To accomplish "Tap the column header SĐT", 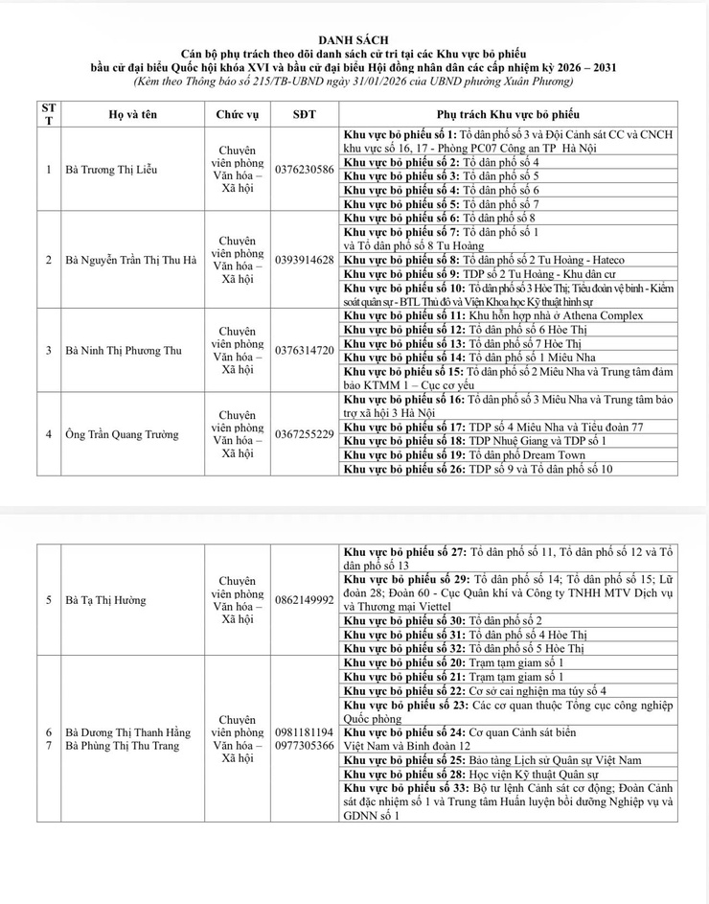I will pyautogui.click(x=303, y=114).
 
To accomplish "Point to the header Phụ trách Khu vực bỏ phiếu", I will pyautogui.click(x=508, y=114).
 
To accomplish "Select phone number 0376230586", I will pyautogui.click(x=304, y=170).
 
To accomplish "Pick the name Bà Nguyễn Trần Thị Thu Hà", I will pyautogui.click(x=130, y=260).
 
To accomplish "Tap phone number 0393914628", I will pyautogui.click(x=304, y=260).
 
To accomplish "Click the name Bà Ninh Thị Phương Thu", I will pyautogui.click(x=123, y=350).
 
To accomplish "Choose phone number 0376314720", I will pyautogui.click(x=304, y=350).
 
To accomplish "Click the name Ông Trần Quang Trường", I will pyautogui.click(x=122, y=434).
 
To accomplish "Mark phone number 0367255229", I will pyautogui.click(x=304, y=434).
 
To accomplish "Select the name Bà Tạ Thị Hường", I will pyautogui.click(x=106, y=600).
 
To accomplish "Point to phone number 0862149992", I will pyautogui.click(x=304, y=600).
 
